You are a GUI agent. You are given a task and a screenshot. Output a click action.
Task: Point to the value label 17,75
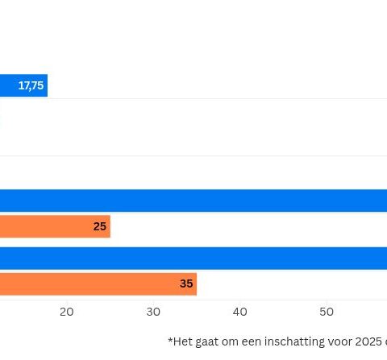click(x=31, y=85)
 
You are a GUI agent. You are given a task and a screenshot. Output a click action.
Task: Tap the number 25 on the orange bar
click(x=100, y=226)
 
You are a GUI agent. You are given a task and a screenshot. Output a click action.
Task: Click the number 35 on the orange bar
click(x=186, y=283)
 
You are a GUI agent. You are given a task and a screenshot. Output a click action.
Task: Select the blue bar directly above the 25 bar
click(x=193, y=201)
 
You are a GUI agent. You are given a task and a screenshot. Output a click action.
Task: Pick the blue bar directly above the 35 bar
click(x=193, y=258)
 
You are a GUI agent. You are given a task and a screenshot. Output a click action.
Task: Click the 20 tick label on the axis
click(x=67, y=312)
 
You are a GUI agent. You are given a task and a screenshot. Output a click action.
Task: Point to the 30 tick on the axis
click(x=153, y=312)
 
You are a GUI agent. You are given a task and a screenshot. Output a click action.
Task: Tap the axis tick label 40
click(x=240, y=312)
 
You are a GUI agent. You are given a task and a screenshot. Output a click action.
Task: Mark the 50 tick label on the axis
click(x=327, y=312)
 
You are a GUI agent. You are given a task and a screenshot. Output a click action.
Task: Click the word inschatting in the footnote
click(x=289, y=341)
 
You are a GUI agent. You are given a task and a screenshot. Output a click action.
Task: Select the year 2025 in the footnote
click(x=368, y=341)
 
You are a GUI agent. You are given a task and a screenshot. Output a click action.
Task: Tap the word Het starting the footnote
click(x=182, y=341)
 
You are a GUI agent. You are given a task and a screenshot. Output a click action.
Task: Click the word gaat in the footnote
click(x=209, y=341)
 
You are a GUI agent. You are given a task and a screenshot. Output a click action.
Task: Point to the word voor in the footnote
click(x=338, y=341)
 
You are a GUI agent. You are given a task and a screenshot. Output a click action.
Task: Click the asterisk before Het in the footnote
click(x=170, y=340)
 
